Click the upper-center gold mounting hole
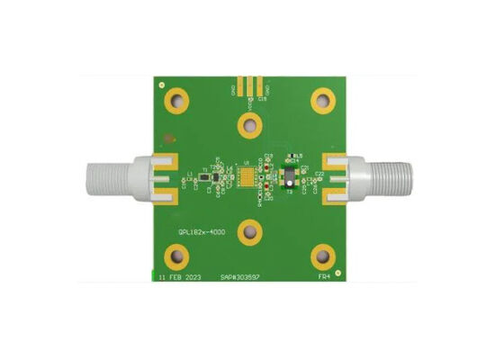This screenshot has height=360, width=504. tap(249, 124)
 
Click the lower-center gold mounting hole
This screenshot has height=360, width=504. tap(249, 234)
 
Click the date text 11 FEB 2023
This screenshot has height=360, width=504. tap(179, 277)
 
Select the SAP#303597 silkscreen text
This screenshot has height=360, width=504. tap(242, 277)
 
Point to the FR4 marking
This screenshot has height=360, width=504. tap(324, 277)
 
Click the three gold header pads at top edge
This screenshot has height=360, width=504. tap(249, 86)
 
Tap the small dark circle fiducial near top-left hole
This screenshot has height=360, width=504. tap(166, 139)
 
